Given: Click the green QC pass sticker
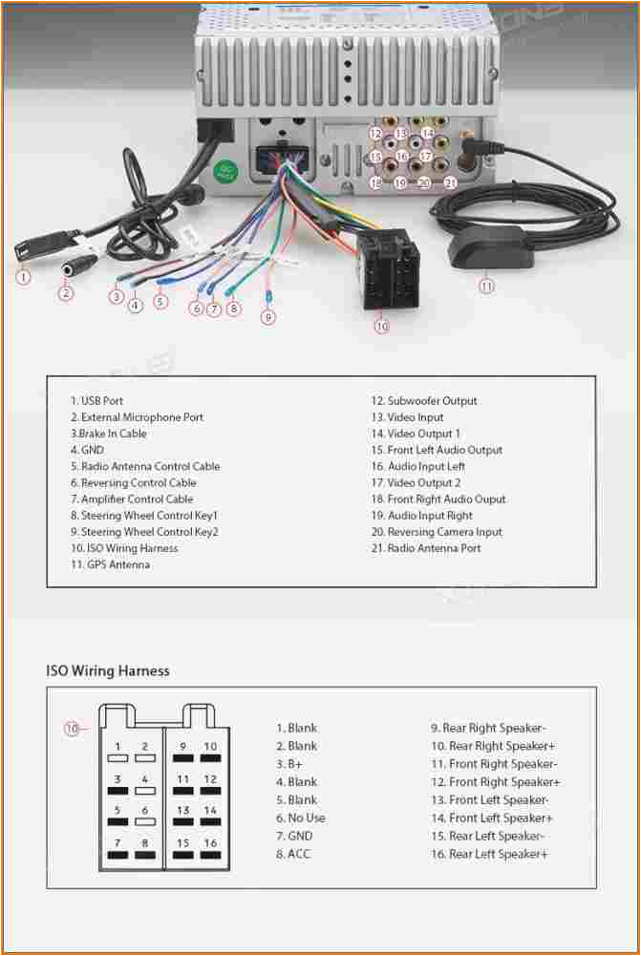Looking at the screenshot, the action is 226,173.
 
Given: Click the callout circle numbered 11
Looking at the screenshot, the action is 487,285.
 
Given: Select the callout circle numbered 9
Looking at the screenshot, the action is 268,317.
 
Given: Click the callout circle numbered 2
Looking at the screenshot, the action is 66,292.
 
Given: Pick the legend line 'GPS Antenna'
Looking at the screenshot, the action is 110,564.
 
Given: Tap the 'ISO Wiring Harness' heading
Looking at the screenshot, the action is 108,670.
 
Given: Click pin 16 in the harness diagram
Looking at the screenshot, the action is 210,843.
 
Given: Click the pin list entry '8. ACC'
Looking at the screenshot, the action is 293,854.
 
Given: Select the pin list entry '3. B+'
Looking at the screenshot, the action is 289,764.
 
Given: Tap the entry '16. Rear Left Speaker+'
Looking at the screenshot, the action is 489,854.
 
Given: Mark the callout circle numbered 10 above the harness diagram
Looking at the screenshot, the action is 72,729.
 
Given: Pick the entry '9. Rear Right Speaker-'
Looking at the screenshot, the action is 488,728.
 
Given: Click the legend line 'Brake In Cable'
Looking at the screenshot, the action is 108,434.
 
